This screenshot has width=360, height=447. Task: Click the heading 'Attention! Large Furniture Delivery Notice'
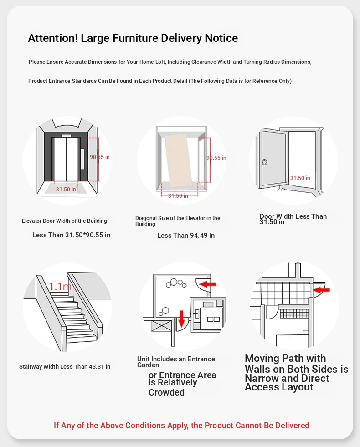[133, 38]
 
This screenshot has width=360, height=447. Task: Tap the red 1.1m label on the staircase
[61, 287]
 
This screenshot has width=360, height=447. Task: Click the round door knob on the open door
[264, 162]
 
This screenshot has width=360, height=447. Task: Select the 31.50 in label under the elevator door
[66, 190]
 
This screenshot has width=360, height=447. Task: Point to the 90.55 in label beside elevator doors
[99, 157]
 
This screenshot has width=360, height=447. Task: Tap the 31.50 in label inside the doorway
[300, 178]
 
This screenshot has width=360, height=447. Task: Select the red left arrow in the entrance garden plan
[208, 284]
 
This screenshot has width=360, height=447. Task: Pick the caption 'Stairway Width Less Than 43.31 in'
[65, 367]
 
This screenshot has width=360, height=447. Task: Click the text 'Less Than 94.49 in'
[186, 236]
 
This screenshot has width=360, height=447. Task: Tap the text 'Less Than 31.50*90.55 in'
[71, 235]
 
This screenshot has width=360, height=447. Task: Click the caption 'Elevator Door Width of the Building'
[64, 221]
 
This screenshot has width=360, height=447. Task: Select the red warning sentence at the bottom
[181, 426]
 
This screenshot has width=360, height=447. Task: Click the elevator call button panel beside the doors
[83, 159]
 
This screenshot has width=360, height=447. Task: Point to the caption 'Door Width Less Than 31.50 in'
[293, 219]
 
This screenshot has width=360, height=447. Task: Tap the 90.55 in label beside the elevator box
[216, 158]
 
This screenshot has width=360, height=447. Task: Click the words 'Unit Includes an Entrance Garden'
[176, 362]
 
